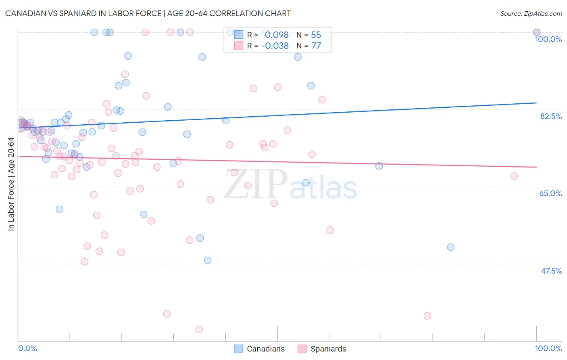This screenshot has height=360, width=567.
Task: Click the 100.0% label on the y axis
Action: pos(548,39)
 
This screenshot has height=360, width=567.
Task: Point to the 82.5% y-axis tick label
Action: pos(551,116)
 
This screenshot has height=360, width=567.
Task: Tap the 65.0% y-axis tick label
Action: pos(550,193)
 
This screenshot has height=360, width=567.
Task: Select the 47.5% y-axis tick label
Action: pos(551,271)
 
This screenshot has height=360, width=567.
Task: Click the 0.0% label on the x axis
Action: pos(27,348)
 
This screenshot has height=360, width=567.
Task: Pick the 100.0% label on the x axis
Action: pos(548,348)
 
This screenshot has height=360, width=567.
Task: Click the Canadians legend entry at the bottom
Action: pos(265,349)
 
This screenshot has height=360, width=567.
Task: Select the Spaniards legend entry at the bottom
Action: pos(328,349)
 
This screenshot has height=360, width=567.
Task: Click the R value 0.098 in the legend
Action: pos(277,35)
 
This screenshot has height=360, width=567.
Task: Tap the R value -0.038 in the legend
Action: pos(275,46)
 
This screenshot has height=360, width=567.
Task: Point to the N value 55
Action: pos(316,35)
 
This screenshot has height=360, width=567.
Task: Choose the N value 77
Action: pos(316,46)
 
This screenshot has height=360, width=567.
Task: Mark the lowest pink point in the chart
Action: pos(199,329)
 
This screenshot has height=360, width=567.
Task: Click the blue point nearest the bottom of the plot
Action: pos(208,260)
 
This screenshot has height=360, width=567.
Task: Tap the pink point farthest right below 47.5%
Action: pos(427,316)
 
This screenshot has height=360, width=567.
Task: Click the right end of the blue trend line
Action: pos(536,103)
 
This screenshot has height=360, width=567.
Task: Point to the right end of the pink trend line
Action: pos(536,167)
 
